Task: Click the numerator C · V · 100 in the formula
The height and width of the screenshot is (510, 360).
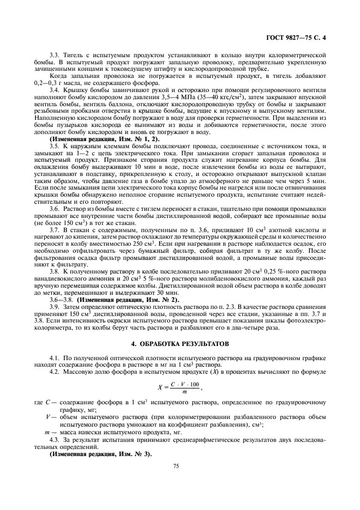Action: (185, 384)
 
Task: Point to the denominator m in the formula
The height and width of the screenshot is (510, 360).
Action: (185, 393)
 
